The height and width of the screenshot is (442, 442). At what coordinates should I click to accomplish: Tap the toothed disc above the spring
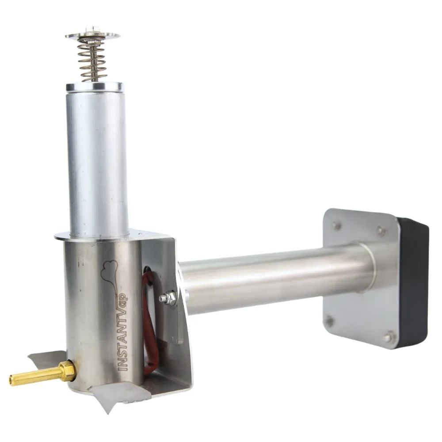[x=93, y=36]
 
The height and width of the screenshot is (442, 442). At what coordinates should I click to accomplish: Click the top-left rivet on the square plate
[x=336, y=225]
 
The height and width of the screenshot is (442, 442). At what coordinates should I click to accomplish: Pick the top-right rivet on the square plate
[x=381, y=230]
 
